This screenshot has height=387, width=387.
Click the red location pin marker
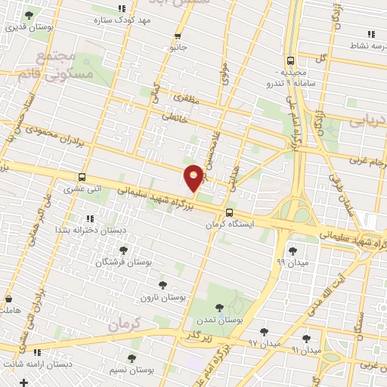pyautogui.click(x=193, y=177)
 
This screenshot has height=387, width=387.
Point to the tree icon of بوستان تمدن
pyautogui.click(x=219, y=307)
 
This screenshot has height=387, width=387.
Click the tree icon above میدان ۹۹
pyautogui.click(x=293, y=250)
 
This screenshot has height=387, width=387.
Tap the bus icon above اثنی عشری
pyautogui.click(x=82, y=178)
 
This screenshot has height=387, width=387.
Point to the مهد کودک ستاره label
pyautogui.click(x=122, y=21)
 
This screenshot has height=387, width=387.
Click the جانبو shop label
pyautogui.click(x=178, y=48)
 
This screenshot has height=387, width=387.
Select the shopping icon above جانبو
pyautogui.click(x=178, y=36)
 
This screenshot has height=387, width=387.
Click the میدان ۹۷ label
pyautogui.click(x=264, y=344)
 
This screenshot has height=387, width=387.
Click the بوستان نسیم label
pyautogui.click(x=131, y=371)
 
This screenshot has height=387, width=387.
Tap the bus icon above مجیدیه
pyautogui.click(x=291, y=60)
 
